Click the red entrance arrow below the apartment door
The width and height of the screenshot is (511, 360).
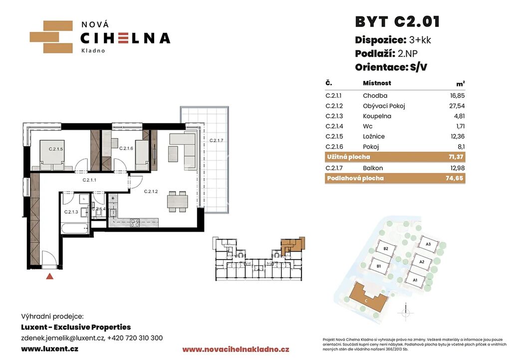click(x=49, y=276)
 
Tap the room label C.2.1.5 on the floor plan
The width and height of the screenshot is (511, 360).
click(x=56, y=149)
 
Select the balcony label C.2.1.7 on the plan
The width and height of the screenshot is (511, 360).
click(x=217, y=140)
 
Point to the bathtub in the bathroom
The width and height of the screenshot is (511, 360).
click(x=75, y=228)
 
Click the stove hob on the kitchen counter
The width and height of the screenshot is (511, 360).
click(x=135, y=223)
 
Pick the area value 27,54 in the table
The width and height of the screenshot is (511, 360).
click(x=457, y=106)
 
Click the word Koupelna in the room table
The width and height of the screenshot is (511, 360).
click(x=377, y=116)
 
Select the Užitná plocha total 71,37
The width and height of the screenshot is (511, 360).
click(x=456, y=157)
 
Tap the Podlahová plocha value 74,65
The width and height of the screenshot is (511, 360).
click(x=454, y=178)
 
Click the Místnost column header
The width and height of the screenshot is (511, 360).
click(x=377, y=83)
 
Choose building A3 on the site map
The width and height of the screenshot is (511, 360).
click(x=428, y=245)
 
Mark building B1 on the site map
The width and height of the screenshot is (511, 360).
click(x=379, y=266)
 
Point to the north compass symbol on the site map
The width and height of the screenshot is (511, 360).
click(x=406, y=313)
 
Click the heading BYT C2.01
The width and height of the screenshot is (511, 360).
click(x=397, y=22)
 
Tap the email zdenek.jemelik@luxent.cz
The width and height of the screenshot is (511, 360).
click(x=62, y=338)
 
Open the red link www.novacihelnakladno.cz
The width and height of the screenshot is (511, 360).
click(x=236, y=350)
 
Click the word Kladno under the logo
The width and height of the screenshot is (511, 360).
click(x=93, y=50)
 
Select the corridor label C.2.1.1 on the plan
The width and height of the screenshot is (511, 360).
click(x=89, y=180)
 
